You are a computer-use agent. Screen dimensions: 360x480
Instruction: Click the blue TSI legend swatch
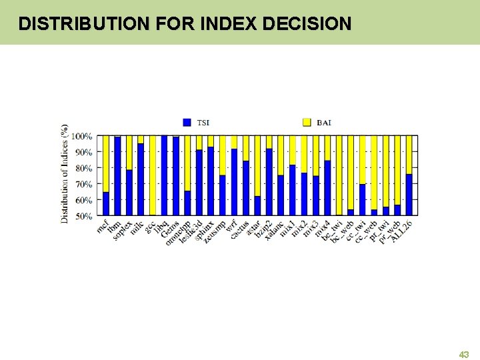click(187, 122)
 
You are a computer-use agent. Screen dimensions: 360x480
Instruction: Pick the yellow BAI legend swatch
click(307, 122)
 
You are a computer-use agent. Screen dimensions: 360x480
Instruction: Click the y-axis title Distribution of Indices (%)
click(65, 173)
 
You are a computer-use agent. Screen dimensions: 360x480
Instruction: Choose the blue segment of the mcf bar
click(105, 204)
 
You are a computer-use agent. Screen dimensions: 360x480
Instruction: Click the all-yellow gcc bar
click(153, 175)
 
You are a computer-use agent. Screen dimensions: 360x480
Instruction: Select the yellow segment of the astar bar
click(257, 165)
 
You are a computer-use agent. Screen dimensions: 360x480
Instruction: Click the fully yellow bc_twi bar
click(339, 175)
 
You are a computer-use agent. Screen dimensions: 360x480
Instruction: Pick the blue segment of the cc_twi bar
click(362, 200)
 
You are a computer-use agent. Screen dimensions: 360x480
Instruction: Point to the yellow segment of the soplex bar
click(129, 153)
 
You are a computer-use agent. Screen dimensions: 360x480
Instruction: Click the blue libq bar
click(164, 175)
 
